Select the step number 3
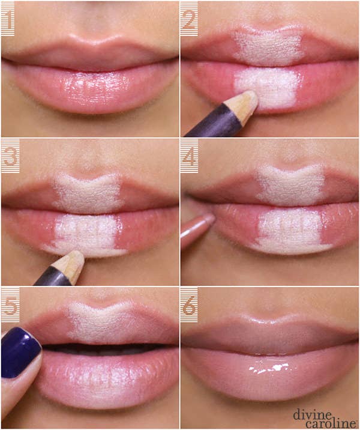point(8,156)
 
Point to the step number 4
point(188,156)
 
